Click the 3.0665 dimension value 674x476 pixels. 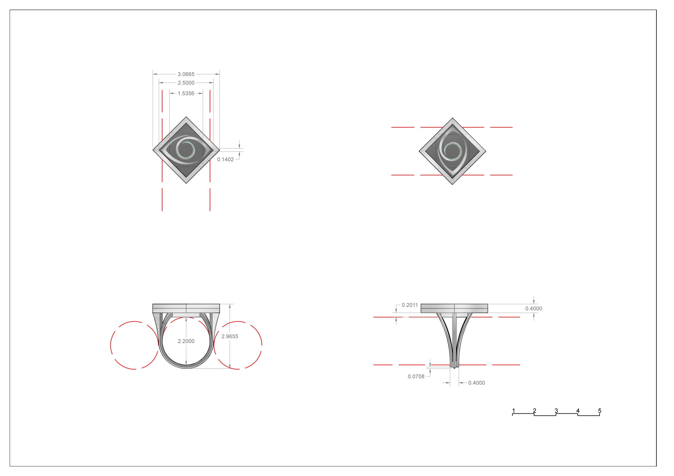point(186,74)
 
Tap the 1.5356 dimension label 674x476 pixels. point(186,94)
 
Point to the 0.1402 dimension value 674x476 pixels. point(225,160)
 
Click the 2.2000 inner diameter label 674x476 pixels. point(186,341)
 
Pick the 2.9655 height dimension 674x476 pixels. point(230,336)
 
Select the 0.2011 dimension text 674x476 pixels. point(410,305)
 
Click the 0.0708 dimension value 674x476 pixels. point(416,377)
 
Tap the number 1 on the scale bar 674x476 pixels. point(513,411)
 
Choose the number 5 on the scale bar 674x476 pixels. point(600,411)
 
